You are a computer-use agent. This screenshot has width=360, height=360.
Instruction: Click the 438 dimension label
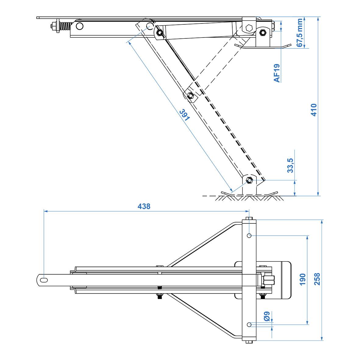[x=144, y=206]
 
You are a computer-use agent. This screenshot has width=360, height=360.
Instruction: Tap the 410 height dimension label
[x=314, y=110]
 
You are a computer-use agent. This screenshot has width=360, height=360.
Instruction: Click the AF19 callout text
[x=277, y=73]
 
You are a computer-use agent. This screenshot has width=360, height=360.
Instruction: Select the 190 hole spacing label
[x=302, y=279]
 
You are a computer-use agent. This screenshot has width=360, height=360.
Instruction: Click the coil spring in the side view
[x=65, y=27]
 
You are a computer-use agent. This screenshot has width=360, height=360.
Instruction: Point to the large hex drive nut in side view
[x=249, y=28]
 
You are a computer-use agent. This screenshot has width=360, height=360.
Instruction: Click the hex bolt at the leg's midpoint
[x=190, y=96]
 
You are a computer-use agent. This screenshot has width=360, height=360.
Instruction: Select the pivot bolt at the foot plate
[x=249, y=180]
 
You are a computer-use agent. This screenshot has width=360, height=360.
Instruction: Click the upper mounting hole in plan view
[x=249, y=236]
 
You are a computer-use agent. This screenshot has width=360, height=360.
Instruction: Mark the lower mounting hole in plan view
[x=249, y=324]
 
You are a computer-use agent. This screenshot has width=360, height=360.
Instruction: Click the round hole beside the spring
[x=80, y=26]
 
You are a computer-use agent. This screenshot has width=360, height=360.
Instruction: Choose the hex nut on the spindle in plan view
[x=269, y=280]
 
